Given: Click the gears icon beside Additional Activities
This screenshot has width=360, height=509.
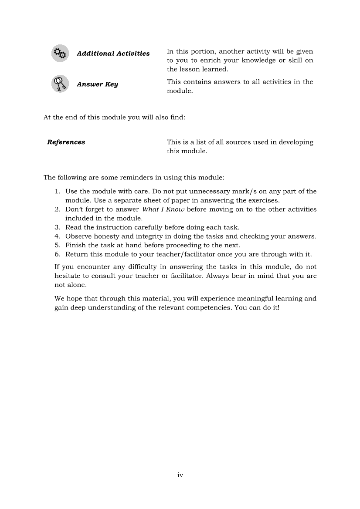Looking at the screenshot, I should (x=60, y=54).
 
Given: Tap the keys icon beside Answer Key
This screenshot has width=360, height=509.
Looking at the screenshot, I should (x=60, y=84).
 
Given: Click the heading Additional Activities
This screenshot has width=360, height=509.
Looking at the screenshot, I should (x=113, y=54).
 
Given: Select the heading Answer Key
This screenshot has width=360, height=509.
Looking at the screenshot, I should (x=97, y=84).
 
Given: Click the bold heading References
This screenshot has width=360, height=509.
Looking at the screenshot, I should (x=66, y=142).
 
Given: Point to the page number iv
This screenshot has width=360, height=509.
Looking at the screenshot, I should (x=180, y=475).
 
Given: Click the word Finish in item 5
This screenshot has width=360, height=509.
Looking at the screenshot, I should (x=75, y=245).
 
